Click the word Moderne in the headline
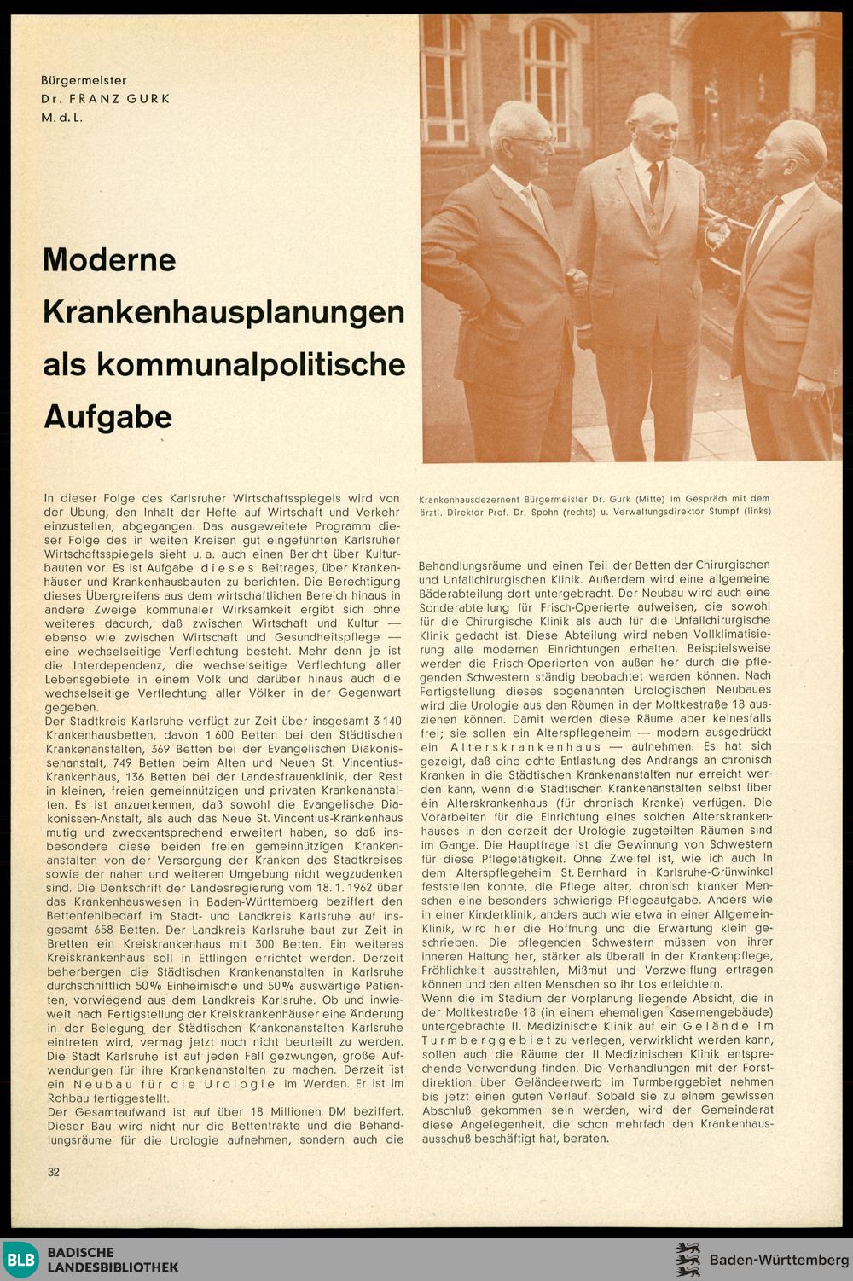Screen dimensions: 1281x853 (109, 259)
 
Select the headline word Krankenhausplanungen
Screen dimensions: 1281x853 (223, 312)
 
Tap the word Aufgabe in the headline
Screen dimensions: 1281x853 (107, 416)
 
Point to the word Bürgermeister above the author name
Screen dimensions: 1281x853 (84, 80)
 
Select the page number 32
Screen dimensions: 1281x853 (54, 1172)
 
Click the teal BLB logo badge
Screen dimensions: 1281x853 (20, 1260)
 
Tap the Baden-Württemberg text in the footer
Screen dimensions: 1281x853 (779, 1260)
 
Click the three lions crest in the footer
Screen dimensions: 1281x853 (687, 1260)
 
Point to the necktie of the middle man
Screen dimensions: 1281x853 (653, 182)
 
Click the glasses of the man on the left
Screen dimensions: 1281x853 (537, 141)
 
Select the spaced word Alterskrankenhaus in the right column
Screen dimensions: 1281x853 (514, 745)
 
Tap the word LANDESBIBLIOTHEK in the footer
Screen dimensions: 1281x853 (113, 1267)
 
